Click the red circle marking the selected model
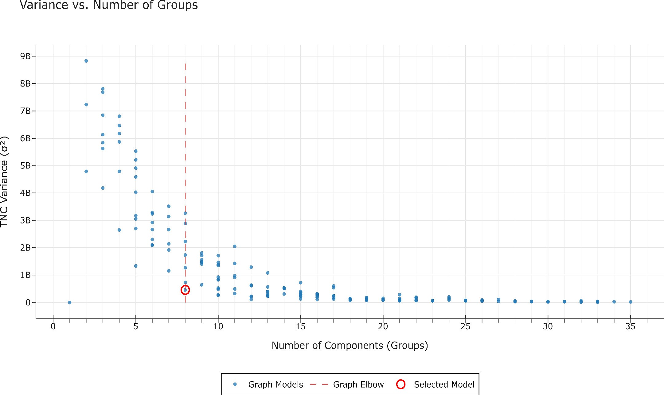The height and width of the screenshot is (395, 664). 185,290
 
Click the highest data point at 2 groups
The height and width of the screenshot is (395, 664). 86,61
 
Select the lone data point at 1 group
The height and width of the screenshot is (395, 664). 70,302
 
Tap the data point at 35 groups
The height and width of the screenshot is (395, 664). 630,302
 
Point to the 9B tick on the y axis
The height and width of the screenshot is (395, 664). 25,56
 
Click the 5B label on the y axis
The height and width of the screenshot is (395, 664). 25,166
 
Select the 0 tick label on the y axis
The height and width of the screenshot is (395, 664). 28,303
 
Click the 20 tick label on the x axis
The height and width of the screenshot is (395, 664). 383,327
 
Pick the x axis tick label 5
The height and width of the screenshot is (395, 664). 135,327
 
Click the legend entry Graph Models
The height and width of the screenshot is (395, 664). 275,384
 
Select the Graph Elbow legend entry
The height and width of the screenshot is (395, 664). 358,384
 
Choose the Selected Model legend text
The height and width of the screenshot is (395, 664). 444,384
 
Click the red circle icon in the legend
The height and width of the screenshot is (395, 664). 400,384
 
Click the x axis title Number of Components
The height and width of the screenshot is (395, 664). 350,346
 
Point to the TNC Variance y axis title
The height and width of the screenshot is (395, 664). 4,182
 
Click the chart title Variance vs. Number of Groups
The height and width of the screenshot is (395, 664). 109,5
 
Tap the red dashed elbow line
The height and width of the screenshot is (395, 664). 185,153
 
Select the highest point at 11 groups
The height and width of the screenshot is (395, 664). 235,246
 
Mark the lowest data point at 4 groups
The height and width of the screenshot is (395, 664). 119,230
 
